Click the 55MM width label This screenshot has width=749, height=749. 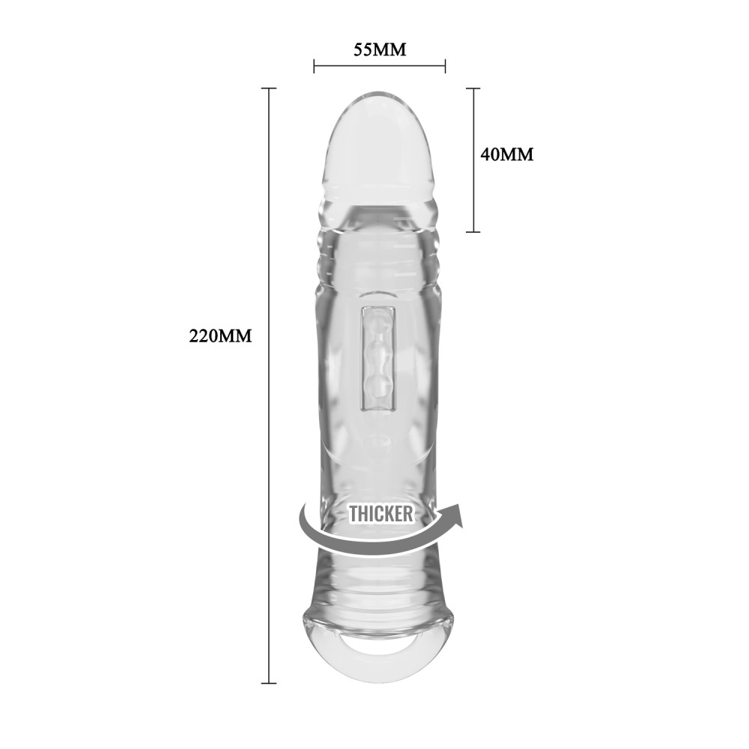[379, 50]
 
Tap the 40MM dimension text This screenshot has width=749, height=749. [506, 154]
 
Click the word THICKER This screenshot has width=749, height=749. [380, 514]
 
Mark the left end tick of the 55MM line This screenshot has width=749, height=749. [315, 67]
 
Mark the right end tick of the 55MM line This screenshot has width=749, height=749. [445, 67]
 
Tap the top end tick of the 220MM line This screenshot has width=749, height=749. [268, 88]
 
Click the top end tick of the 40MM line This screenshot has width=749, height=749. [473, 88]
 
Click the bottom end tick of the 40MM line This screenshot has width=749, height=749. [473, 231]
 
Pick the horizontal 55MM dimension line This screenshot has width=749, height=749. [379, 67]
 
